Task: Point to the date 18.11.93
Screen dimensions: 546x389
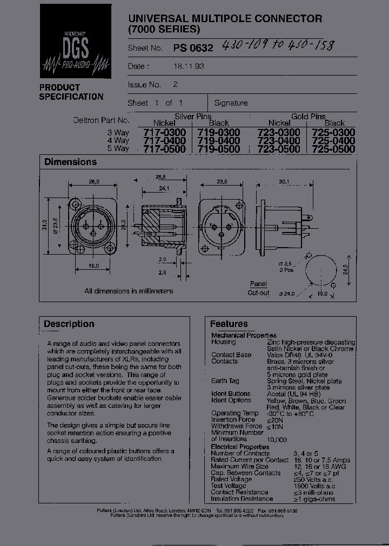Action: (189, 66)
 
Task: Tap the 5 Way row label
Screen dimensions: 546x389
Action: (118, 148)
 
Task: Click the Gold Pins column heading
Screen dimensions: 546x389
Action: (308, 116)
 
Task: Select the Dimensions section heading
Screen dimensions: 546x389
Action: (70, 162)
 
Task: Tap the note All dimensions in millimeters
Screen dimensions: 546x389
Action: (129, 291)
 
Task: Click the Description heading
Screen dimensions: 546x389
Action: (69, 324)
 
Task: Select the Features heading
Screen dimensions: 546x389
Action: (229, 324)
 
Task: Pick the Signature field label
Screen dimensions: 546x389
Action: (231, 103)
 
